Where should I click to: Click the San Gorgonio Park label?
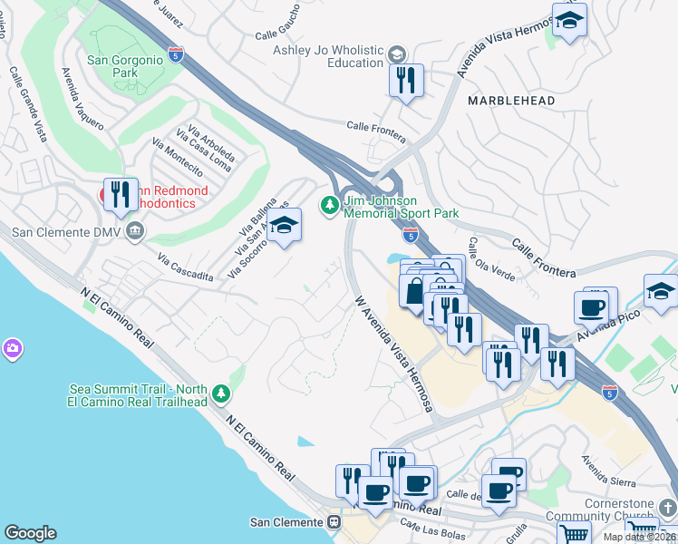[124, 69]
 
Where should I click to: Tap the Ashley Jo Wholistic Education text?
[328, 56]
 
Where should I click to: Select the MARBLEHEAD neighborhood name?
[511, 101]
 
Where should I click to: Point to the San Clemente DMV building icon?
[134, 232]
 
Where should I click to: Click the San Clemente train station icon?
[334, 522]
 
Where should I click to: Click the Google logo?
[30, 533]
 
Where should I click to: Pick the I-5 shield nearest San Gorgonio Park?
[176, 53]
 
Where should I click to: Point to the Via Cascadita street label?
[185, 267]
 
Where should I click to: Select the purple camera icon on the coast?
[13, 348]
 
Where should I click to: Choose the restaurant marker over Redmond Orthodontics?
[121, 193]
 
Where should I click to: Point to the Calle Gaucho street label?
[277, 34]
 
